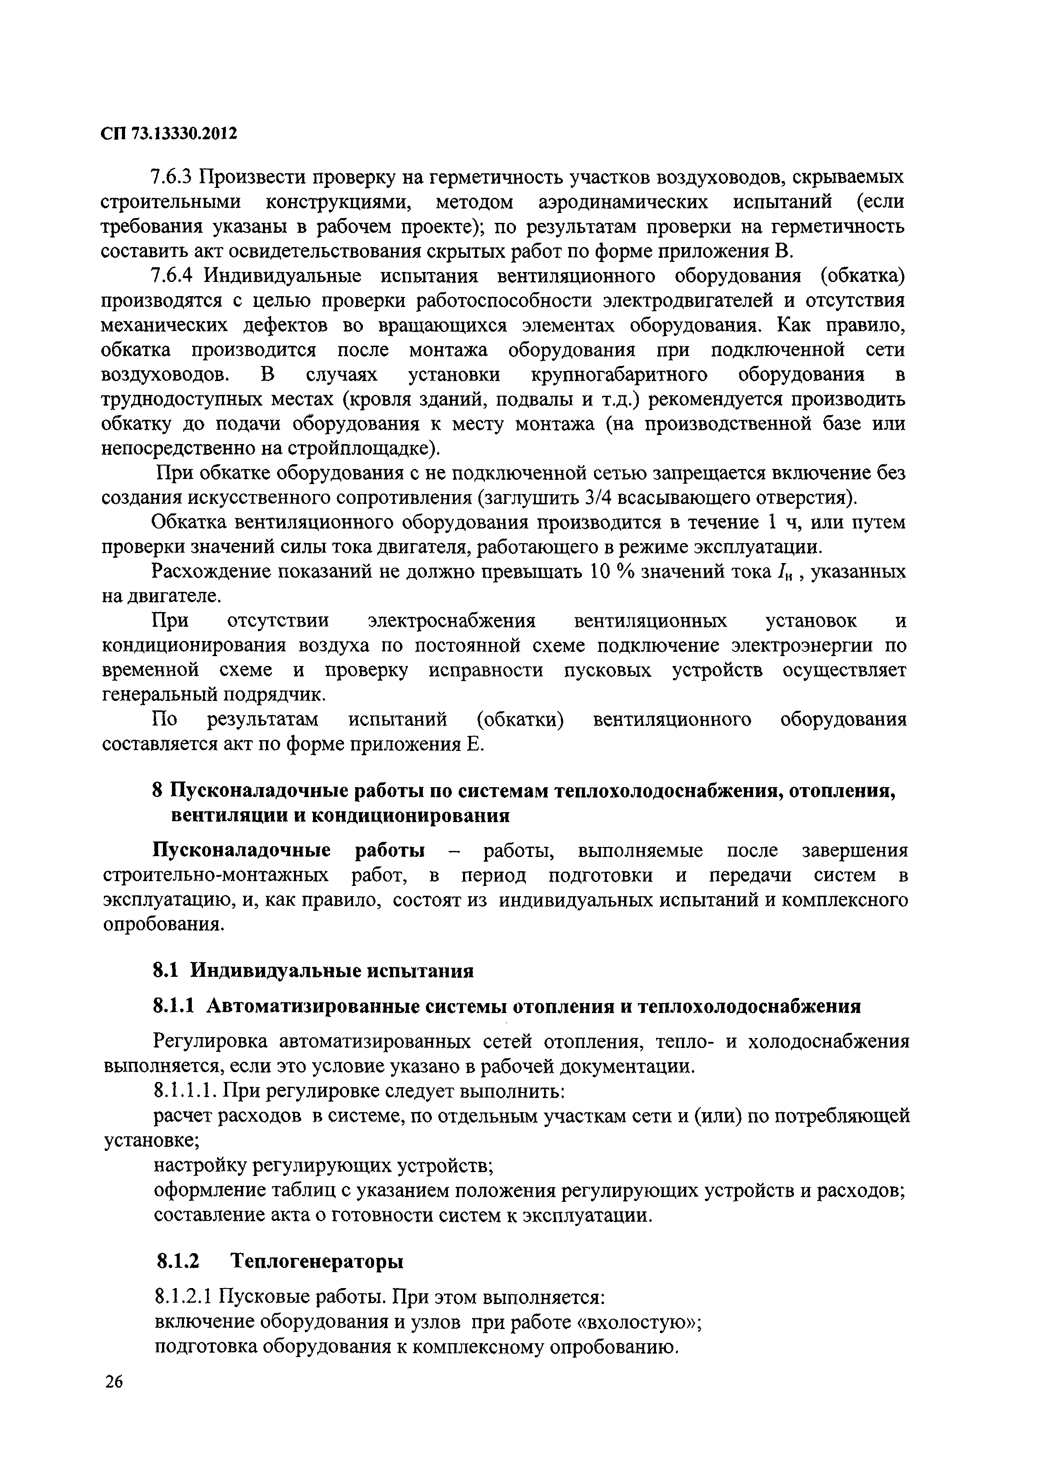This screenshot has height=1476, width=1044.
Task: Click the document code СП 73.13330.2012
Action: (x=169, y=133)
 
